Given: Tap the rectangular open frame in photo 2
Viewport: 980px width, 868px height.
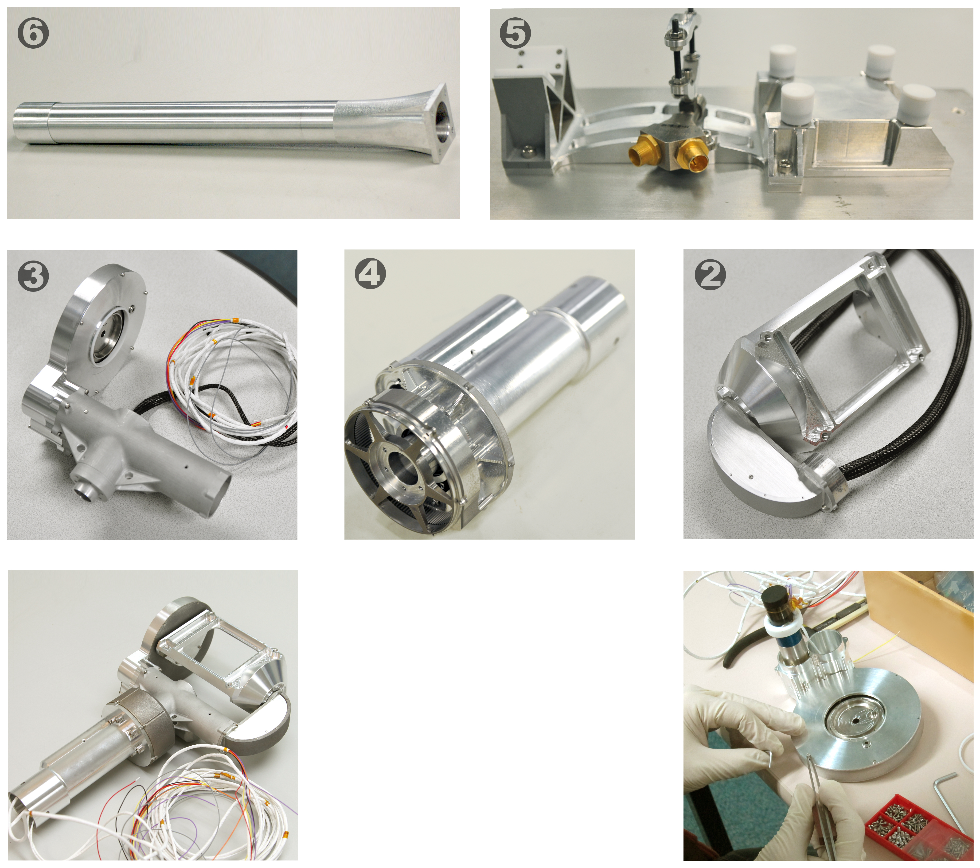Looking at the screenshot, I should [x=844, y=350].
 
